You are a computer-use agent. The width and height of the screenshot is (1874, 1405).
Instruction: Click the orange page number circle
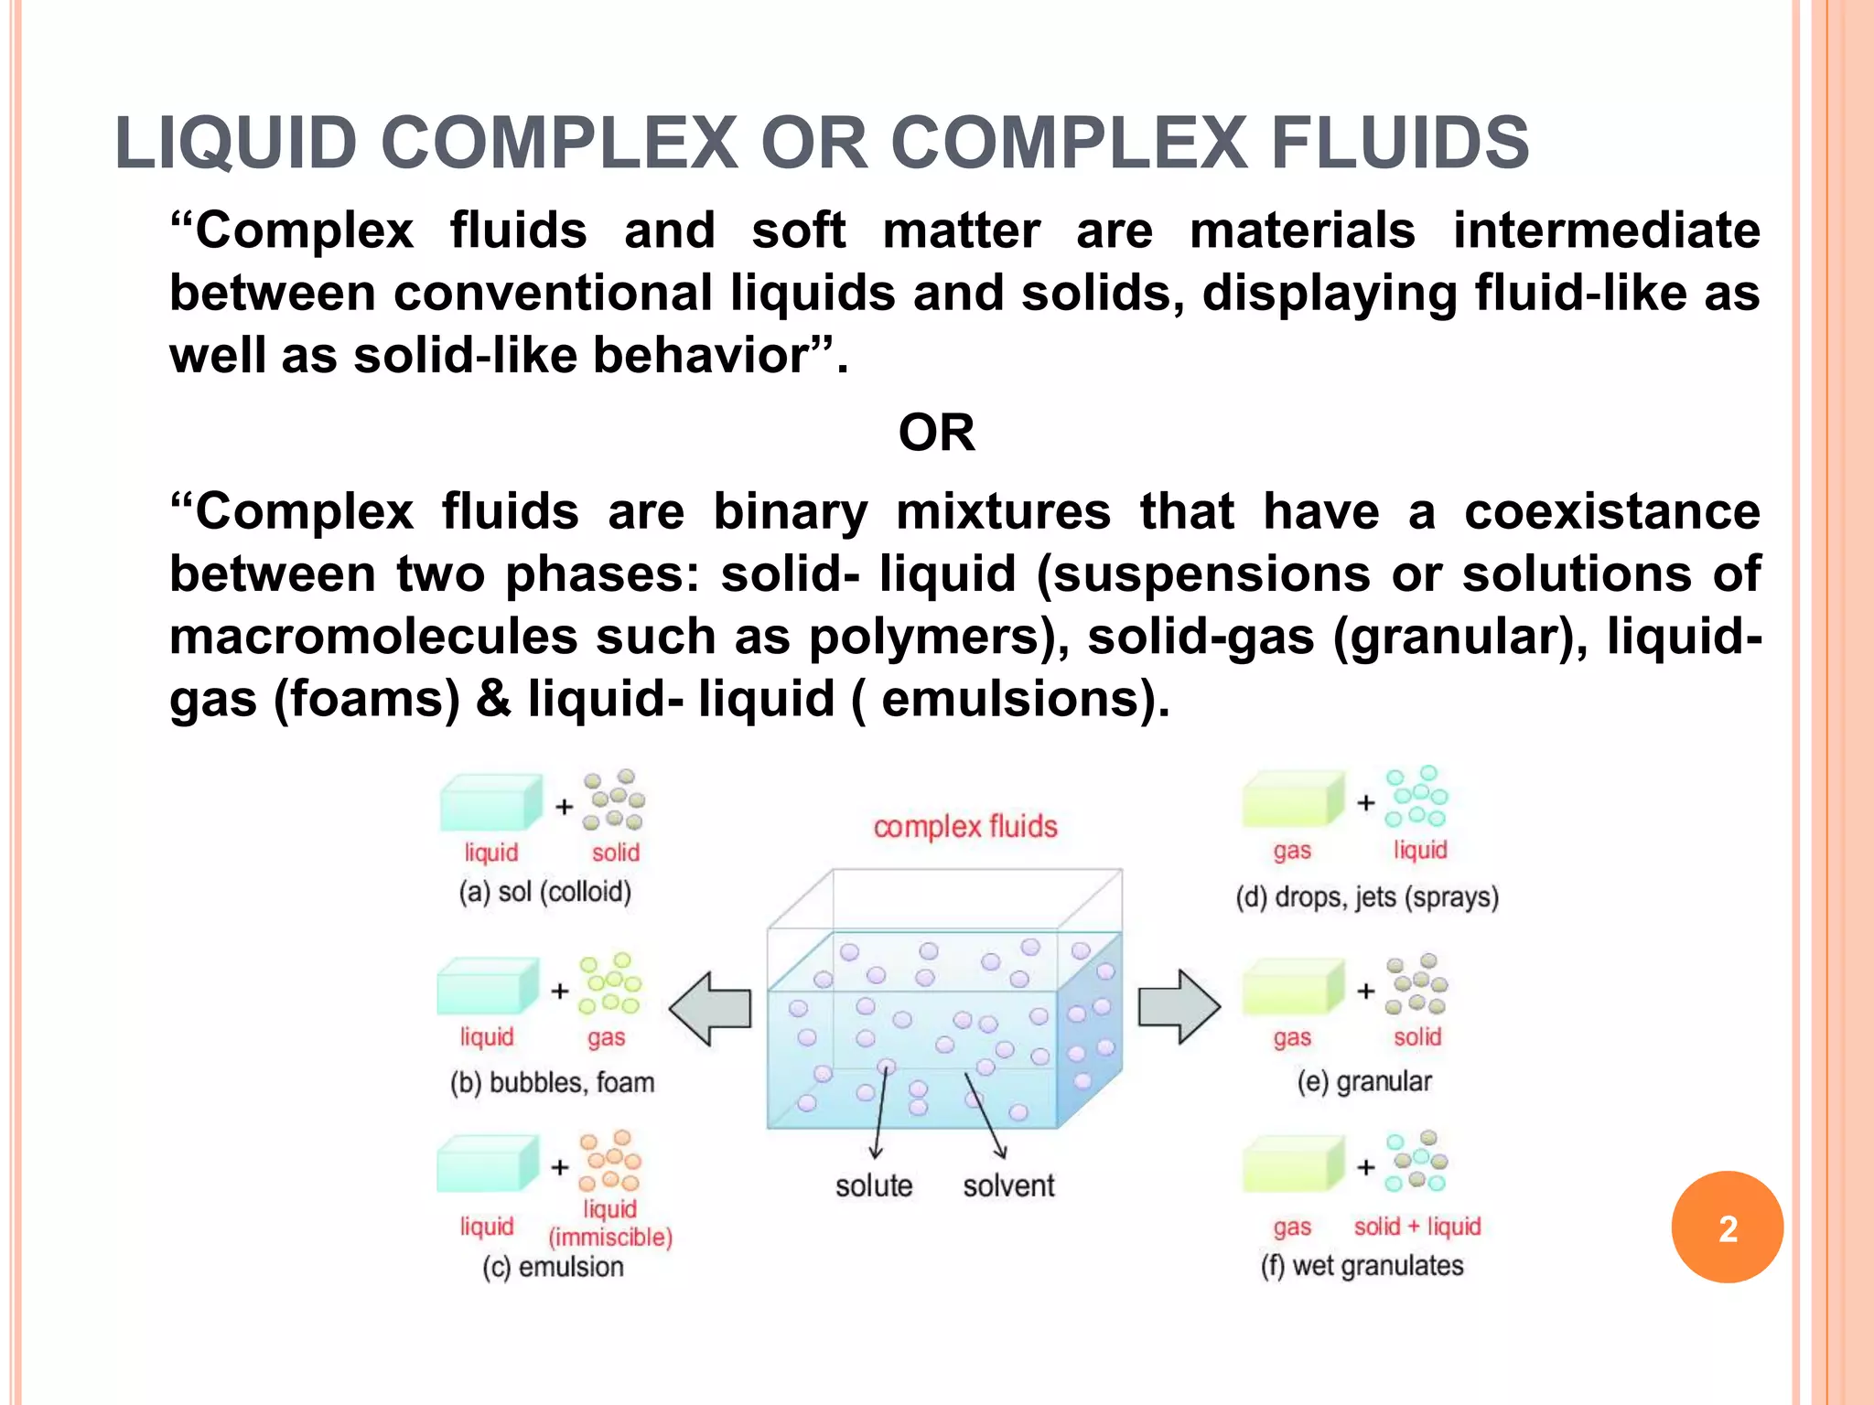[1727, 1227]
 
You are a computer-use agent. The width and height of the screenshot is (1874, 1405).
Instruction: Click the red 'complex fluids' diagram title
[964, 827]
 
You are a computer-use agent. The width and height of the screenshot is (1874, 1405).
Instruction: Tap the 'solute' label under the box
[874, 1185]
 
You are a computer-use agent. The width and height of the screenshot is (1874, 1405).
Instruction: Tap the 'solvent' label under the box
[1008, 1185]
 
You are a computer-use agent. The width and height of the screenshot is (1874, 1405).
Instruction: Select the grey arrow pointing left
[711, 1008]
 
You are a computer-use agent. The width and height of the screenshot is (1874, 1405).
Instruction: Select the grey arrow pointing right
[1179, 1006]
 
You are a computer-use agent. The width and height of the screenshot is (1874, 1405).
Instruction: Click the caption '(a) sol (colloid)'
[545, 891]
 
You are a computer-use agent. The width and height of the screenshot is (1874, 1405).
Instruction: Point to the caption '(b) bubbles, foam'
[552, 1082]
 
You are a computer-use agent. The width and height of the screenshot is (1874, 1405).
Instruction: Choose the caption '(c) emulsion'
[553, 1267]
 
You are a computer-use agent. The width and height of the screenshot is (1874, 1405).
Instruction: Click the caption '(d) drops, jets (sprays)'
[1367, 896]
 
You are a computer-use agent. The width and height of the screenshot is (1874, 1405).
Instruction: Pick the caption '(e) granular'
[1363, 1081]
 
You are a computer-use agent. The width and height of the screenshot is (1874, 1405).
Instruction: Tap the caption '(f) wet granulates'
[1362, 1266]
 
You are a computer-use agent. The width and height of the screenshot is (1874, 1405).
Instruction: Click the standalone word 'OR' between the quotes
[936, 433]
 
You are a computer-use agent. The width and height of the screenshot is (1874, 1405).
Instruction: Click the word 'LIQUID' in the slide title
[236, 144]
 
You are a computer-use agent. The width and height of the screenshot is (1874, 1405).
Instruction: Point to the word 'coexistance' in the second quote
[1611, 510]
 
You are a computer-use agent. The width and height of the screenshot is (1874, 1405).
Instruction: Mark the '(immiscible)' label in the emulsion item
[610, 1237]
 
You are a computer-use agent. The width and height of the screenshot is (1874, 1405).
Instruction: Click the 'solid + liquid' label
[1416, 1226]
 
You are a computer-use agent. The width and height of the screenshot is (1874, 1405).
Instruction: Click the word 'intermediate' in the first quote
[1606, 230]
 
